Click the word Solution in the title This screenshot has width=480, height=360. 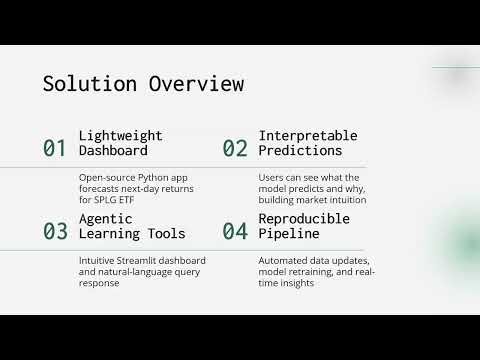[x=83, y=84]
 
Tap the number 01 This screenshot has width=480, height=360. [x=55, y=149]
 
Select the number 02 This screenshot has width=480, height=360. [x=235, y=149]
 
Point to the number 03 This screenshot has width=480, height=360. [x=55, y=232]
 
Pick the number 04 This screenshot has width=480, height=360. [x=235, y=232]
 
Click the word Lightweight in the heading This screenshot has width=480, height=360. [x=120, y=135]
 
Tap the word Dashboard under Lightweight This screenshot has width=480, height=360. [x=113, y=151]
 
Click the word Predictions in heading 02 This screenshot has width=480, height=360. [x=300, y=151]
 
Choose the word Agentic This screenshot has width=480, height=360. [x=105, y=218]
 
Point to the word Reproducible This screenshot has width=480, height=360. [x=304, y=218]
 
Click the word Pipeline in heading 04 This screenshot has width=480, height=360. [x=289, y=234]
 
